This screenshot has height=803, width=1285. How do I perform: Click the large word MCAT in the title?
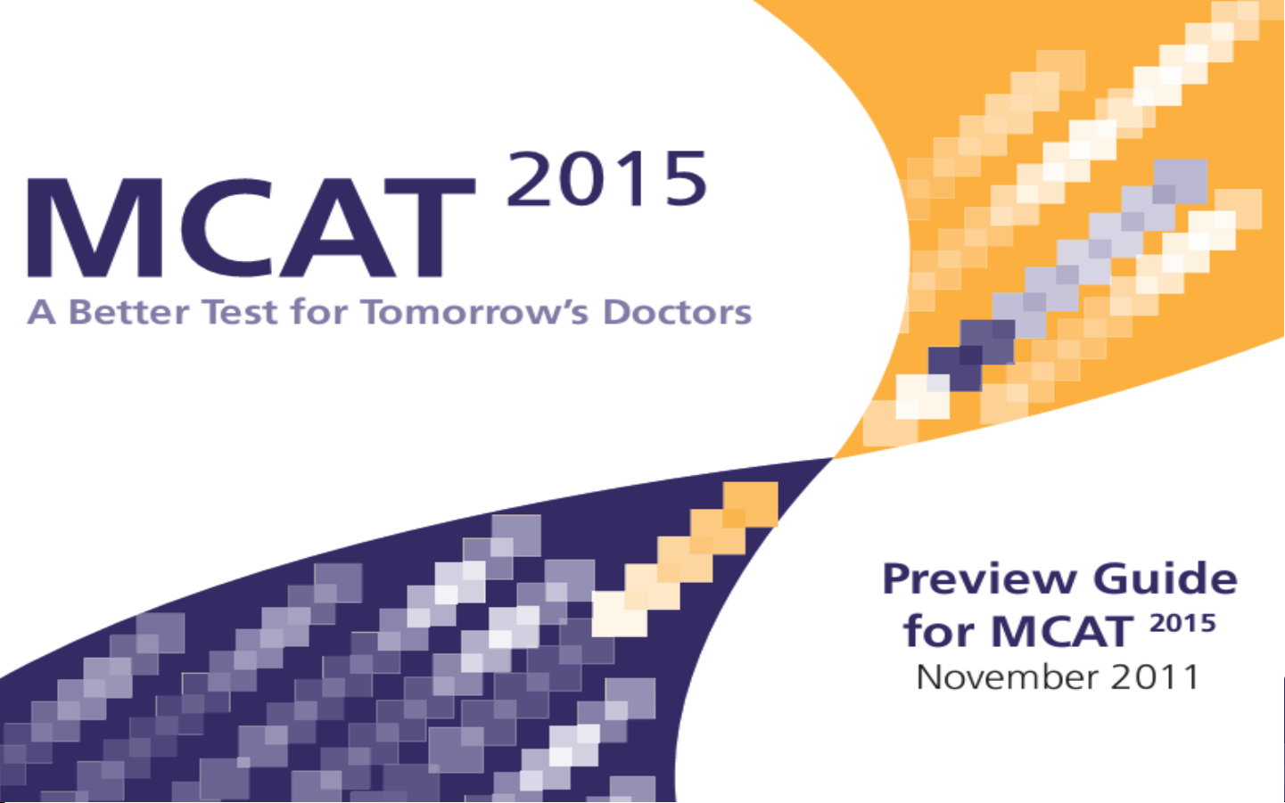tap(251, 227)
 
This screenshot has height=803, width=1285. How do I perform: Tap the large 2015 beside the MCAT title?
tap(607, 178)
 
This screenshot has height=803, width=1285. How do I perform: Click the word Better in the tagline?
tap(129, 312)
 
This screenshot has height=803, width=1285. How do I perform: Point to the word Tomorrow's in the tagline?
tap(475, 312)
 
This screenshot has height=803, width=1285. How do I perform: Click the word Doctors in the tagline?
tap(677, 312)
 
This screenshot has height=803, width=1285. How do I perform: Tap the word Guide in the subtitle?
tap(1166, 578)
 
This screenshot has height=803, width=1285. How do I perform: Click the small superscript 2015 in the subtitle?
tap(1182, 623)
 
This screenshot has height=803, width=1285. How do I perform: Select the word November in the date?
tap(1006, 677)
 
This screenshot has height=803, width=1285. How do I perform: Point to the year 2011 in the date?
tap(1155, 677)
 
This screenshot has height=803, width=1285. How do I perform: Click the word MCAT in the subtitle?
tap(1062, 632)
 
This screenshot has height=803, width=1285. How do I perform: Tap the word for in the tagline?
tap(319, 312)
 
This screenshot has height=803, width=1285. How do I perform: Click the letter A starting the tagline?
tap(42, 312)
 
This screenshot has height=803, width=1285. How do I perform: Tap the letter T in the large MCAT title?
tap(430, 227)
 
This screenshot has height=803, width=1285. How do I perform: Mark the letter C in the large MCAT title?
tap(227, 227)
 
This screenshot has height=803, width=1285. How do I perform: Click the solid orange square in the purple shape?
tap(750, 504)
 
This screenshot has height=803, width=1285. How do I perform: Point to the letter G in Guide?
tap(1110, 579)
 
